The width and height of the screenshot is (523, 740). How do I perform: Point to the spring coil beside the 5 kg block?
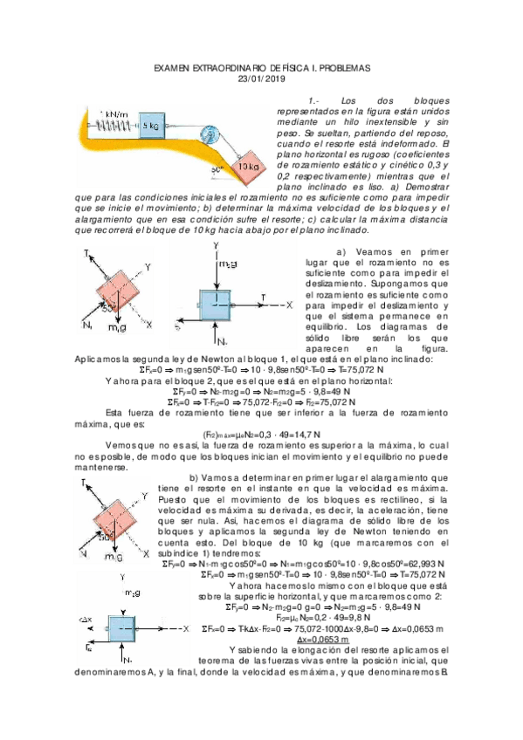112,126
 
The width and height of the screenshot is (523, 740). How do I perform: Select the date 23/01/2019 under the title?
262,79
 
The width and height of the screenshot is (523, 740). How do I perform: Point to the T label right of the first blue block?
263,298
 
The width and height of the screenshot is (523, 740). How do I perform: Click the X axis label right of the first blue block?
289,306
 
